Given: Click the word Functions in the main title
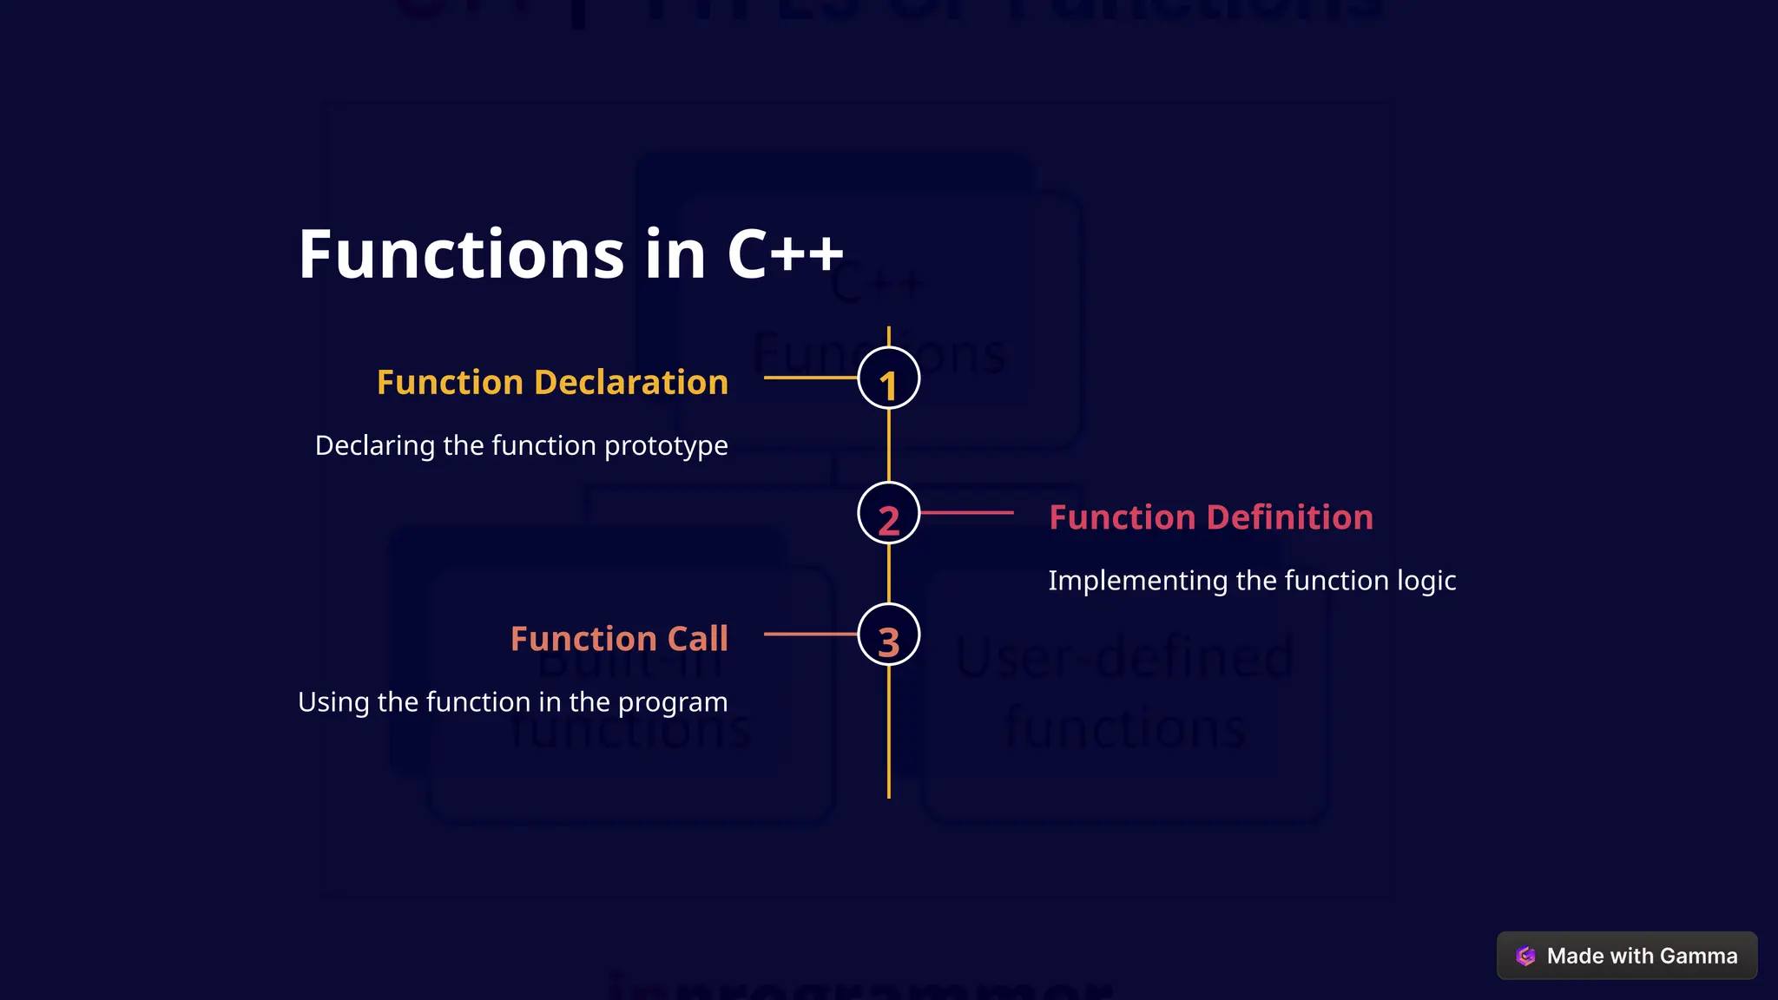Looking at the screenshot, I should pos(461,254).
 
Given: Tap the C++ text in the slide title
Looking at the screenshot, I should pos(785,254).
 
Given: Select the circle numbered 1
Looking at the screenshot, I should pos(888,378).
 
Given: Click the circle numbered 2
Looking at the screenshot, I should pos(888,513).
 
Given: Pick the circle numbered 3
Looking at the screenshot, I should pos(888,635).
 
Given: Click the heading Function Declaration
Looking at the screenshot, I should pos(552,383).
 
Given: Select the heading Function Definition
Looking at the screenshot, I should pos(1210,517).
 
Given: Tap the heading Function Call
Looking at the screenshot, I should pos(619,639).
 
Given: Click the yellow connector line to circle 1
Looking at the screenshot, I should pos(810,378).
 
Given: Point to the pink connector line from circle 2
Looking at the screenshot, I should pos(966,513).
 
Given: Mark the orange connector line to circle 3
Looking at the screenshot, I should pos(810,635).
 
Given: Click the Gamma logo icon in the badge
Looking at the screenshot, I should pos(1525,956).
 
